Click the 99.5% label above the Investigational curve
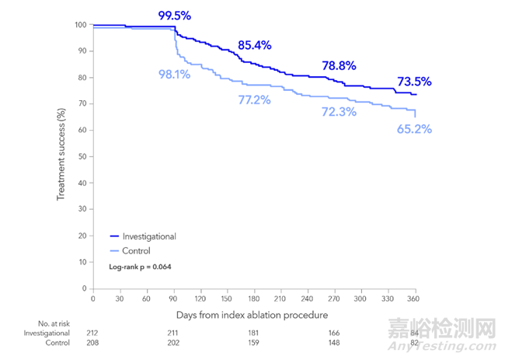175,15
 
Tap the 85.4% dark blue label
254,45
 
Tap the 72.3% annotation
339,112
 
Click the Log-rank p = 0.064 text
140,267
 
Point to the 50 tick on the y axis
81,156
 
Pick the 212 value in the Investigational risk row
93,333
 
